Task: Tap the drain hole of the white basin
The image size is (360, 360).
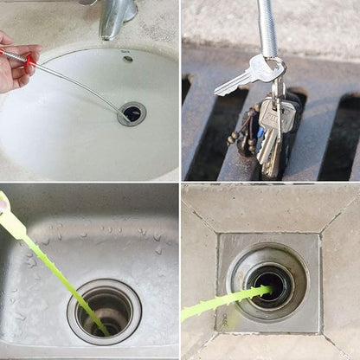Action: pyautogui.click(x=132, y=112)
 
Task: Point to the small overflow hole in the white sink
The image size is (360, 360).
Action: pyautogui.click(x=128, y=59)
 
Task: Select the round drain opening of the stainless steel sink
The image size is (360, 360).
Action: pyautogui.click(x=106, y=310)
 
